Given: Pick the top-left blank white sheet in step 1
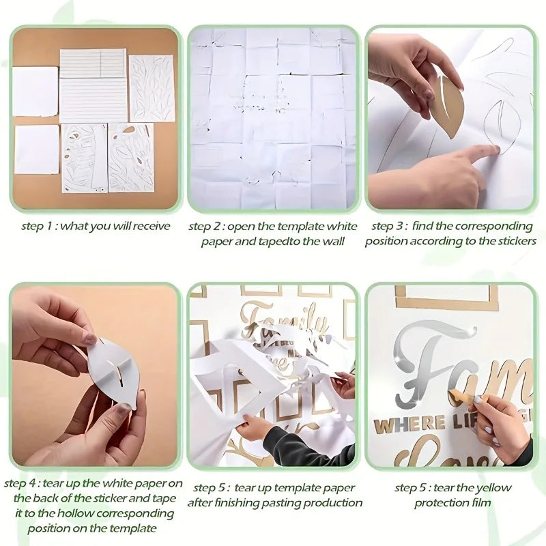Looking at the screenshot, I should tap(35, 91).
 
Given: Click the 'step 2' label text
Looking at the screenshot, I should tap(205, 226).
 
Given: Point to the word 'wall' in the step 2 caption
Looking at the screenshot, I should tap(332, 241).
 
